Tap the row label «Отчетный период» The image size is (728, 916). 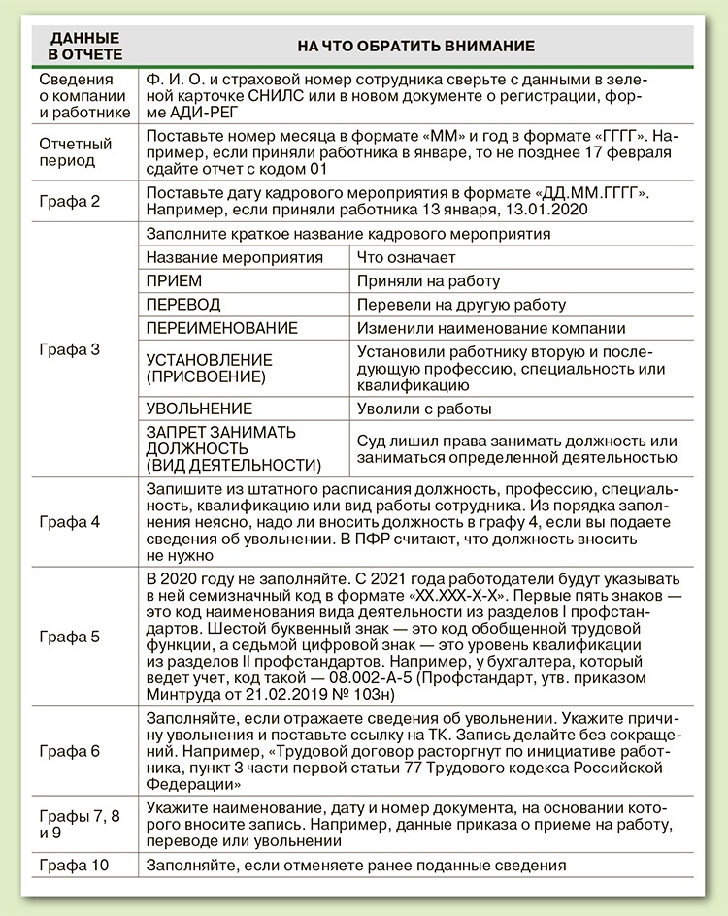(76, 151)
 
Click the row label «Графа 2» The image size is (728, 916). (69, 202)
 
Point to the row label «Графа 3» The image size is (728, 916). (69, 348)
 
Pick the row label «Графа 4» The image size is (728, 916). (69, 521)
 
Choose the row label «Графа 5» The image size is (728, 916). (69, 637)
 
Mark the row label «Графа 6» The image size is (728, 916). (69, 751)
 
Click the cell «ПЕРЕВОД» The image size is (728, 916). (183, 305)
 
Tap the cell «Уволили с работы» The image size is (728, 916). (424, 409)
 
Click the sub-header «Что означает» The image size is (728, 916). (407, 258)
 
